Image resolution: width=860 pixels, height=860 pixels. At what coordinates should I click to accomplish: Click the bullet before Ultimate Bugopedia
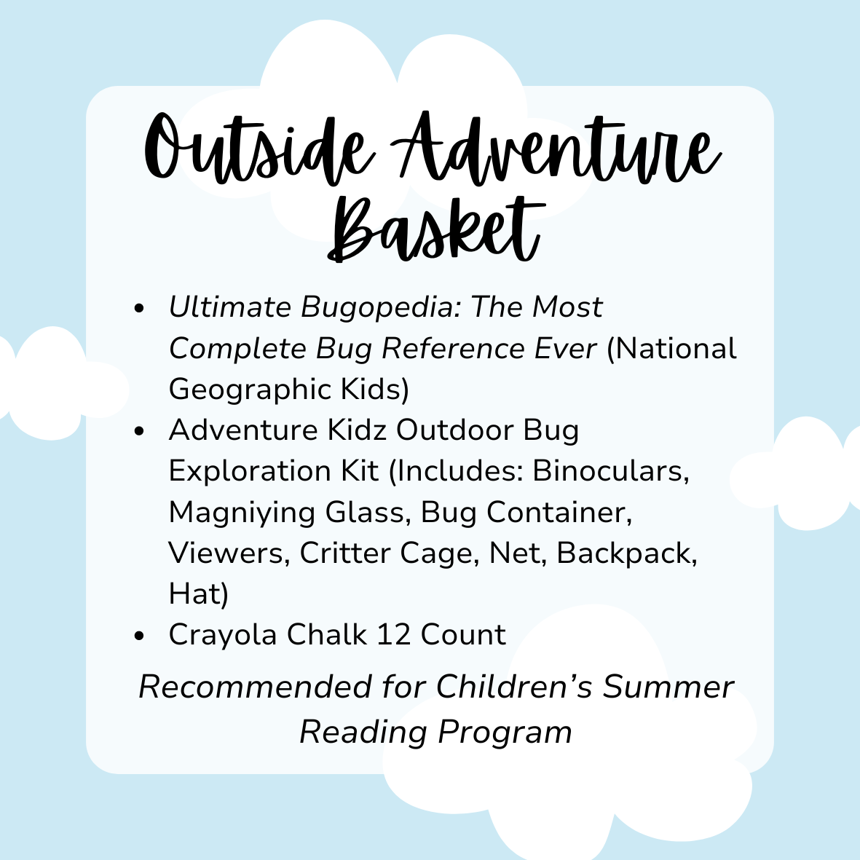click(139, 308)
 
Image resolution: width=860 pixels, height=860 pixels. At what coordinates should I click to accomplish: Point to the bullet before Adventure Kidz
click(139, 431)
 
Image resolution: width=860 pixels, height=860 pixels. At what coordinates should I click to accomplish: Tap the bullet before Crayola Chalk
click(139, 636)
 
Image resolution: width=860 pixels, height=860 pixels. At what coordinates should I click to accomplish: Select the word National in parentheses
click(672, 349)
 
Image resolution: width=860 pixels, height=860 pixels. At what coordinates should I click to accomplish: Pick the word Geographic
click(250, 390)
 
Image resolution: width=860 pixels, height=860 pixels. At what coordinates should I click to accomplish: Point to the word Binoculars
click(611, 470)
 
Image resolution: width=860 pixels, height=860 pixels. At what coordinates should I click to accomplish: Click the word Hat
click(198, 594)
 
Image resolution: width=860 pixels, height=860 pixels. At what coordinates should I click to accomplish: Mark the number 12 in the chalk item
click(394, 634)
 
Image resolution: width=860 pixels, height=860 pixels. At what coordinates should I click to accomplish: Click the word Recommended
click(255, 687)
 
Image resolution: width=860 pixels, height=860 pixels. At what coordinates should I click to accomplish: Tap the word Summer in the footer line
click(668, 687)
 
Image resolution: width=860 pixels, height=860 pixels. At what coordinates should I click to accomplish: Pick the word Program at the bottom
click(505, 733)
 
